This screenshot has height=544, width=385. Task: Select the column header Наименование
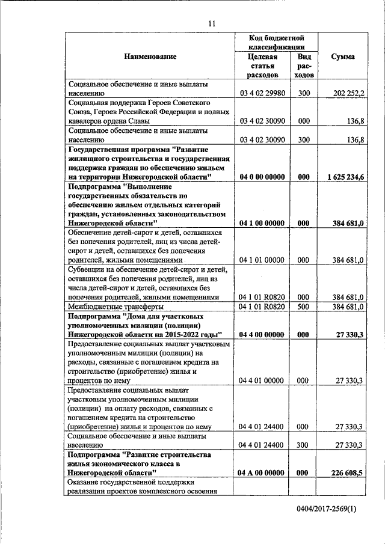pos(150,57)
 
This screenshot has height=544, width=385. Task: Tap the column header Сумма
pos(343,57)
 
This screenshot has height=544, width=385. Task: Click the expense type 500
pos(304,307)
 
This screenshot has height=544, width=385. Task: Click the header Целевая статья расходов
pos(263,66)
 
